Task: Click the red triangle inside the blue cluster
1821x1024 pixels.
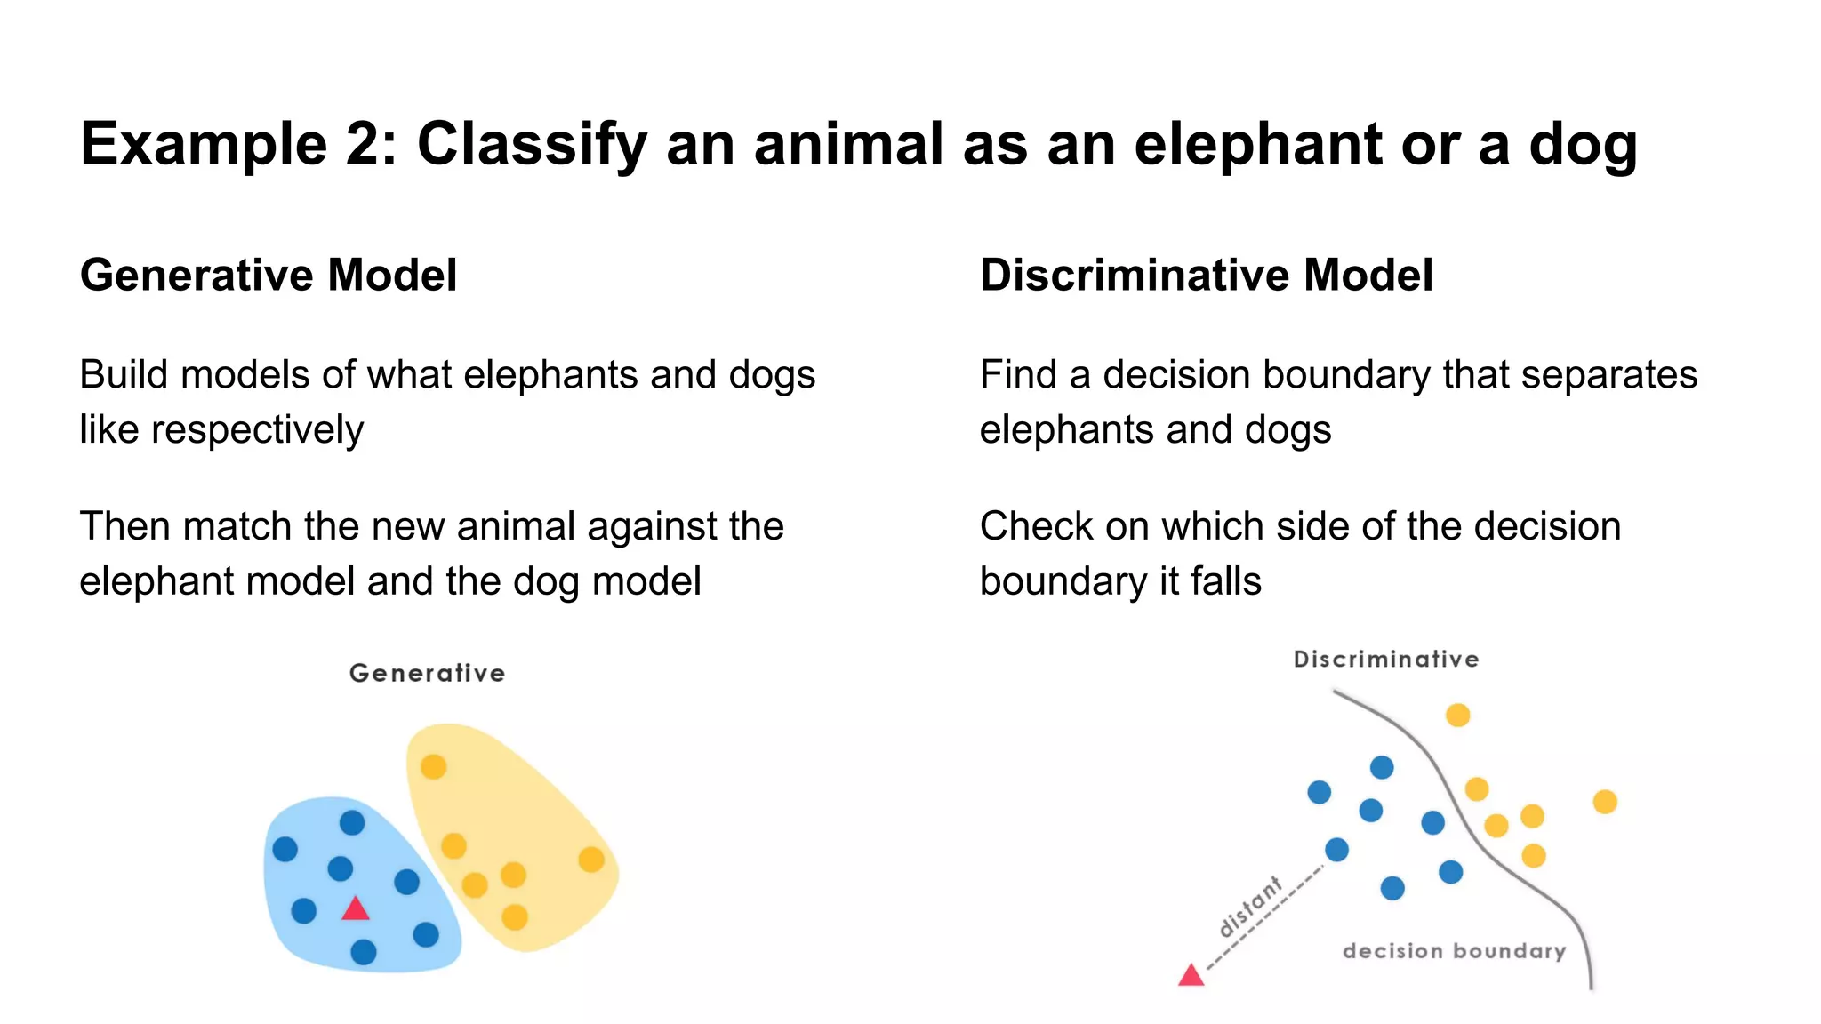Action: point(356,909)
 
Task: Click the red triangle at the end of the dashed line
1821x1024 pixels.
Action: point(1191,976)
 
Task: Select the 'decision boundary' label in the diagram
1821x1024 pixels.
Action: point(1454,951)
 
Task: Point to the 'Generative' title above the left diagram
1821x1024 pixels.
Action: point(427,673)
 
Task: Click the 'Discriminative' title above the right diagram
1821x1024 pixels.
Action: point(1385,660)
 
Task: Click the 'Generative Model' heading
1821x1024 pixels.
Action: point(269,275)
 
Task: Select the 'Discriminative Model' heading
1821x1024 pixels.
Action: point(1206,275)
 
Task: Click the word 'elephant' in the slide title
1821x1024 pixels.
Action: point(1258,144)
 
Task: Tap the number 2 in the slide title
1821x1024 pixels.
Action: point(368,144)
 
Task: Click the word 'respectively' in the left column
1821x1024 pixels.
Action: point(257,430)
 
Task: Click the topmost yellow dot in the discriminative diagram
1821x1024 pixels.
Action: point(1457,715)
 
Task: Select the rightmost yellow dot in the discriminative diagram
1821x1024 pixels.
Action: point(1605,802)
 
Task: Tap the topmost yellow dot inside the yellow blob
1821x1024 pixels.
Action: point(433,766)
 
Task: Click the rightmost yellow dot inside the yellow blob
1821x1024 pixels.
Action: point(591,860)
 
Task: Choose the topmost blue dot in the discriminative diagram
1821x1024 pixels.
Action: point(1382,767)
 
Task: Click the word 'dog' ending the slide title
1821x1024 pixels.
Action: point(1583,144)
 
